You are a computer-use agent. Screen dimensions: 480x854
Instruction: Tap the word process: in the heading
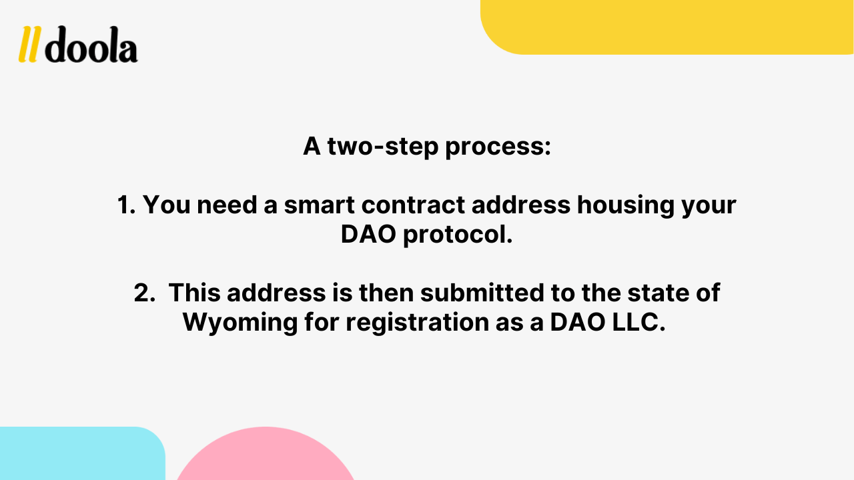click(498, 147)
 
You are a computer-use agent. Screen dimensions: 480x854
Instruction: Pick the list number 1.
click(126, 205)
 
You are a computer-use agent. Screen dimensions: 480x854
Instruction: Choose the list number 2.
click(144, 293)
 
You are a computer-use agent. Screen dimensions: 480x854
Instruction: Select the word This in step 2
click(193, 293)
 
